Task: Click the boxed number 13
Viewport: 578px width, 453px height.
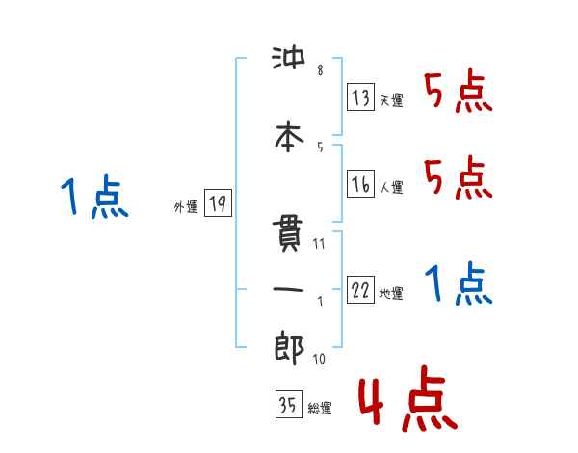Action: (360, 96)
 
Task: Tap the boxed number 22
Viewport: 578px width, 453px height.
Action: (360, 291)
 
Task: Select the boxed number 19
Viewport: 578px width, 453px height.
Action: (217, 203)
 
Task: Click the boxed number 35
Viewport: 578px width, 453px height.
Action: (286, 405)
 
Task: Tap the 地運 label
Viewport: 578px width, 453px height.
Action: (392, 295)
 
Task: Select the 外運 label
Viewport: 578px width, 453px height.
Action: (185, 207)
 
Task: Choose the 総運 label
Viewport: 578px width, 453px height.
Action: (319, 409)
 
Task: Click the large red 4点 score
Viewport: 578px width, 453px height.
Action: (407, 402)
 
